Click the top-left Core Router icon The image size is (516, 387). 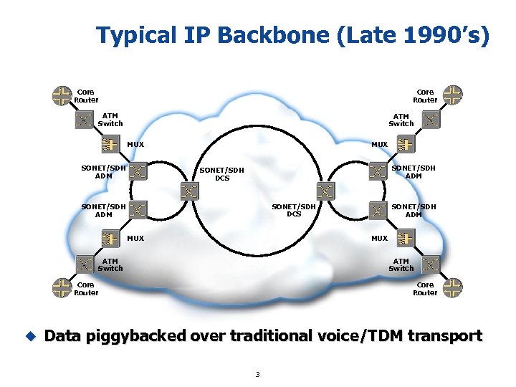tap(62, 95)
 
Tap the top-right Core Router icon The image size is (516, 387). tap(453, 95)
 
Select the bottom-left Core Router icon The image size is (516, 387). tap(62, 288)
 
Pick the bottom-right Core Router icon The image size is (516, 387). tap(453, 288)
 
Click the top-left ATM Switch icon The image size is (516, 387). tap(85, 120)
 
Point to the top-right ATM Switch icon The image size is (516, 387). tap(430, 120)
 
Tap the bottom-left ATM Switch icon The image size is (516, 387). tap(85, 264)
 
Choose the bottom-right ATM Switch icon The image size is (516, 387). tap(430, 264)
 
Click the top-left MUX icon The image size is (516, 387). tap(110, 145)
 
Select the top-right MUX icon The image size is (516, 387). tap(406, 145)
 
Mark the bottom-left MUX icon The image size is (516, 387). tap(110, 239)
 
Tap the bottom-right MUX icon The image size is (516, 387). tap(406, 239)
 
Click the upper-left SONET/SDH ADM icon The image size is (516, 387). tap(138, 171)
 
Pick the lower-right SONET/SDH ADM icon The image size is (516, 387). tap(378, 209)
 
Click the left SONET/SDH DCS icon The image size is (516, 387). tap(188, 191)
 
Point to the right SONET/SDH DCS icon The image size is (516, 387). tap(326, 191)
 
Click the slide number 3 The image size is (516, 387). tap(258, 374)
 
